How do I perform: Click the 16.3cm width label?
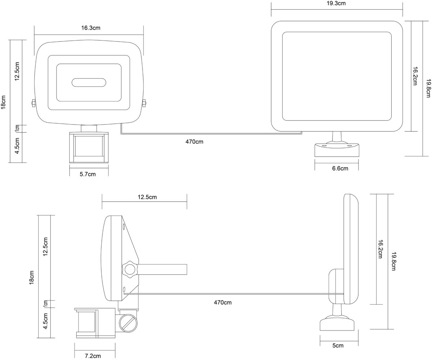tap(91, 28)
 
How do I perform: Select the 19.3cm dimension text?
tap(336, 4)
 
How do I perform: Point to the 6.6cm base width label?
tap(340, 168)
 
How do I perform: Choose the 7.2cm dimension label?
tap(93, 356)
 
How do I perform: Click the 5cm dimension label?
tap(338, 346)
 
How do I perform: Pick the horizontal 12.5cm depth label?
tap(147, 197)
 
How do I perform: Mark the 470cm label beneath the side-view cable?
tap(223, 302)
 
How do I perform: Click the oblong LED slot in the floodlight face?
tap(89, 82)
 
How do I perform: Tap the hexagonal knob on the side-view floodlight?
tap(130, 270)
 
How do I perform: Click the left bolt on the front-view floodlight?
tap(33, 103)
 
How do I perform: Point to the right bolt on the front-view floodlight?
tap(144, 103)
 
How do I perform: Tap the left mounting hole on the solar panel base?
tap(324, 146)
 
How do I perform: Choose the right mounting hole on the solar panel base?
tap(349, 146)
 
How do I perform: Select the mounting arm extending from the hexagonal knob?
tap(162, 270)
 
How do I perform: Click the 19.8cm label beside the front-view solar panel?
tap(428, 88)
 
